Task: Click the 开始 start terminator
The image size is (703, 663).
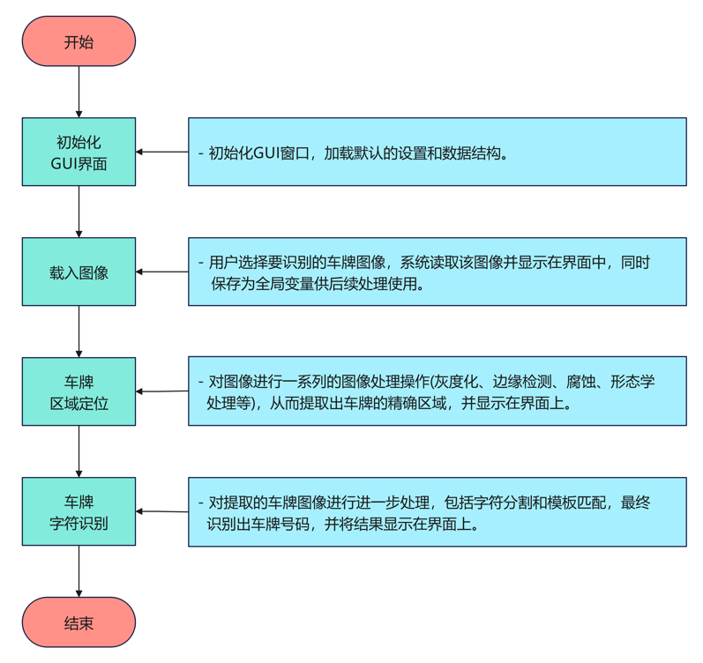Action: [x=79, y=41]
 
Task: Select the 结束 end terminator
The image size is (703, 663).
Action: [x=79, y=623]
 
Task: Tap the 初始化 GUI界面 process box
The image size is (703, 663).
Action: [x=79, y=152]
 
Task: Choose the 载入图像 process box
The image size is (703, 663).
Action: [x=79, y=272]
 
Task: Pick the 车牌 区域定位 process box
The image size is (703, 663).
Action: [x=79, y=391]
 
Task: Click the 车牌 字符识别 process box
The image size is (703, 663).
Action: [x=79, y=511]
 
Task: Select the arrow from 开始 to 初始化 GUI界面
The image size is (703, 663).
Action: [x=79, y=92]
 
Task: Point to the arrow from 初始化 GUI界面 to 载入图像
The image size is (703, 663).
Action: [x=79, y=212]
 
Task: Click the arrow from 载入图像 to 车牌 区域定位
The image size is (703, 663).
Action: [x=79, y=331]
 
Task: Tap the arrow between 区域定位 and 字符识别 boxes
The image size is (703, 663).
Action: [x=79, y=451]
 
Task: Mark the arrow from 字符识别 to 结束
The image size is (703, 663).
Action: [x=79, y=571]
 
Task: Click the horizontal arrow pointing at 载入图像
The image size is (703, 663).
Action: [x=162, y=272]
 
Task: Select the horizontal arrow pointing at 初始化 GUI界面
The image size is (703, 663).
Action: [x=162, y=152]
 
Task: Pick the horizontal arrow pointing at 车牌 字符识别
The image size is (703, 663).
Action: [x=162, y=511]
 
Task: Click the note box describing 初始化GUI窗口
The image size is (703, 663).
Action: [x=437, y=152]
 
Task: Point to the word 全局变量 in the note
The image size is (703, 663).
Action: [x=305, y=286]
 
